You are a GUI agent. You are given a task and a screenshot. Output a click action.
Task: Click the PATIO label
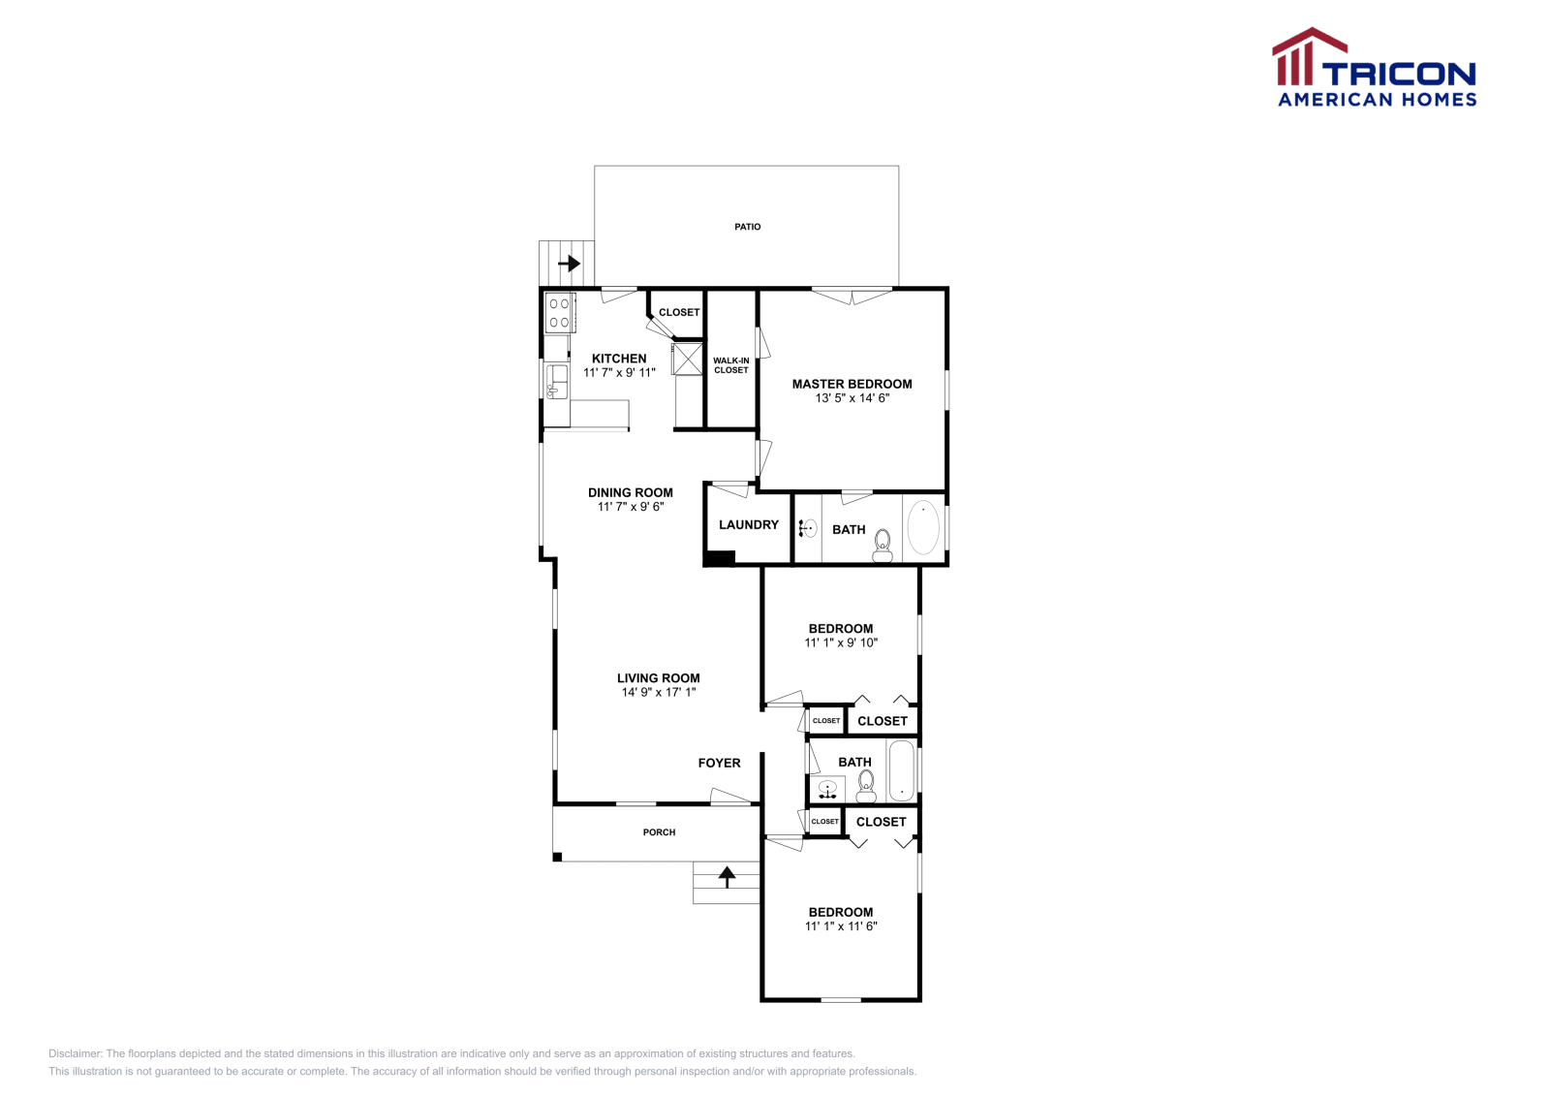[x=747, y=227]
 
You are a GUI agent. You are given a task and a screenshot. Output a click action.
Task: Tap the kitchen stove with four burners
[x=559, y=313]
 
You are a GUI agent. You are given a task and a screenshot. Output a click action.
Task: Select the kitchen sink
[x=556, y=381]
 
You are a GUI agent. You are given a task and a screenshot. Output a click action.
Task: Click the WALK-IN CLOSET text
[x=731, y=365]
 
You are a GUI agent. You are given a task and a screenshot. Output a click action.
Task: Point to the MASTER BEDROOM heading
[x=852, y=384]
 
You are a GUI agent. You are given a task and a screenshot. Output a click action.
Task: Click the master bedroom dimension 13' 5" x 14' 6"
[x=852, y=398]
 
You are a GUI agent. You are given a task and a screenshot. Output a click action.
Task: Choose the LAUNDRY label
[x=748, y=525]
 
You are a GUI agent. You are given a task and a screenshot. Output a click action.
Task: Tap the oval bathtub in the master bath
[x=923, y=528]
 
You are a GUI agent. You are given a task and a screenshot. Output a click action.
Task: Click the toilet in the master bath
[x=882, y=546]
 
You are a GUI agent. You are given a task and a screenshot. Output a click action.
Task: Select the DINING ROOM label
[x=630, y=492]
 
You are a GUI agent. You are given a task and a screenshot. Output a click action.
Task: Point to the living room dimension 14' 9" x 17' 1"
[x=658, y=693]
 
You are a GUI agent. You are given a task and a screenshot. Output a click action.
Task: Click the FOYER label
[x=719, y=764]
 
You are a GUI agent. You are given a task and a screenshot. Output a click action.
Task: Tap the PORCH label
[x=659, y=832]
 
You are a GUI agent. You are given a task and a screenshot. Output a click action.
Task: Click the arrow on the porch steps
[x=727, y=876]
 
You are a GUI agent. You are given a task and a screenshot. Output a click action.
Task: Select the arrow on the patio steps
[x=569, y=263]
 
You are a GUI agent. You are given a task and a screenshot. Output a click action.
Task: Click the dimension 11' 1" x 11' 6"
[x=841, y=926]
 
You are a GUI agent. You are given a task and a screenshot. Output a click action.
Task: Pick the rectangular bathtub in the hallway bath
[x=902, y=771]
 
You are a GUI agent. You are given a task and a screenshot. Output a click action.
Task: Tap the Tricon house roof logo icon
[x=1307, y=56]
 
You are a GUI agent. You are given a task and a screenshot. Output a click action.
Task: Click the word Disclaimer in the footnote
[x=75, y=1053]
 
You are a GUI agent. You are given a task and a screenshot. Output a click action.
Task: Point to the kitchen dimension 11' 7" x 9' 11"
[x=619, y=373]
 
